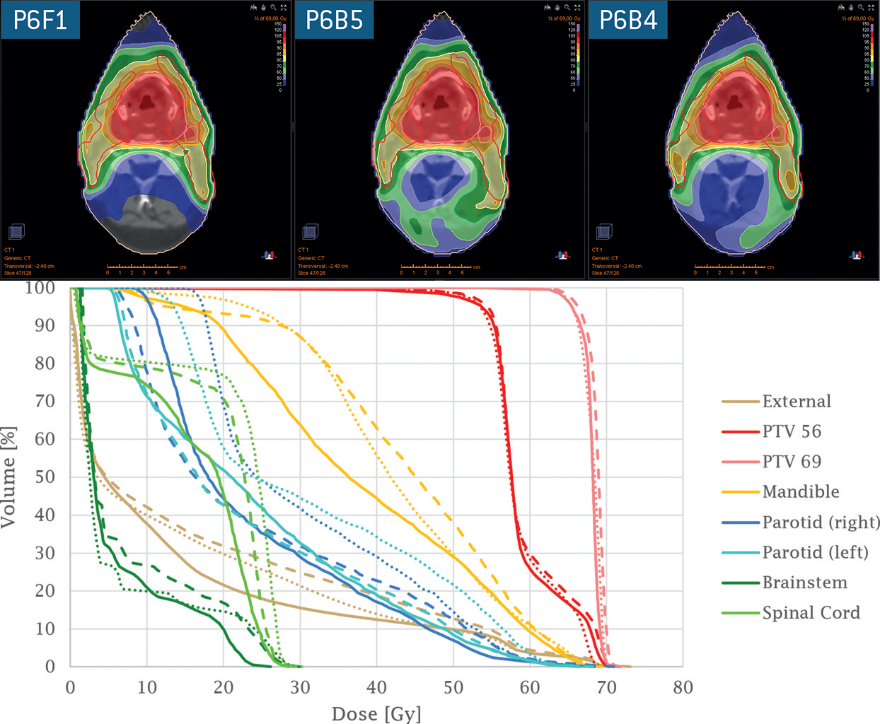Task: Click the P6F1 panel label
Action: pyautogui.click(x=40, y=20)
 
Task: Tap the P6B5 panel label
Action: pyautogui.click(x=334, y=20)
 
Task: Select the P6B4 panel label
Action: pyautogui.click(x=628, y=20)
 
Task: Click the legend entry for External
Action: pyautogui.click(x=796, y=402)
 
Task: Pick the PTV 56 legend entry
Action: pyautogui.click(x=791, y=431)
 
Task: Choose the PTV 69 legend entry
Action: pyautogui.click(x=791, y=462)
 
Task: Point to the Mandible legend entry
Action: pyautogui.click(x=800, y=492)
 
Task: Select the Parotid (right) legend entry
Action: pyautogui.click(x=821, y=522)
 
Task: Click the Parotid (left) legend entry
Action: pyautogui.click(x=815, y=552)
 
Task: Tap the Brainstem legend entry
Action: pyautogui.click(x=804, y=583)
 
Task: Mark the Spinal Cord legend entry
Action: pyautogui.click(x=811, y=613)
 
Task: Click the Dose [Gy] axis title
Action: pyautogui.click(x=376, y=713)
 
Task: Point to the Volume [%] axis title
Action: pyautogui.click(x=8, y=477)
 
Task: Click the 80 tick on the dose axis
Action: pyautogui.click(x=683, y=687)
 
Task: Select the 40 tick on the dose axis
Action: pyautogui.click(x=376, y=687)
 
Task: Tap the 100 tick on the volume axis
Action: pyautogui.click(x=40, y=288)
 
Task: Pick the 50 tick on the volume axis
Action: pyautogui.click(x=45, y=477)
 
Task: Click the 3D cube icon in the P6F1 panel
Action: pyautogui.click(x=16, y=232)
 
